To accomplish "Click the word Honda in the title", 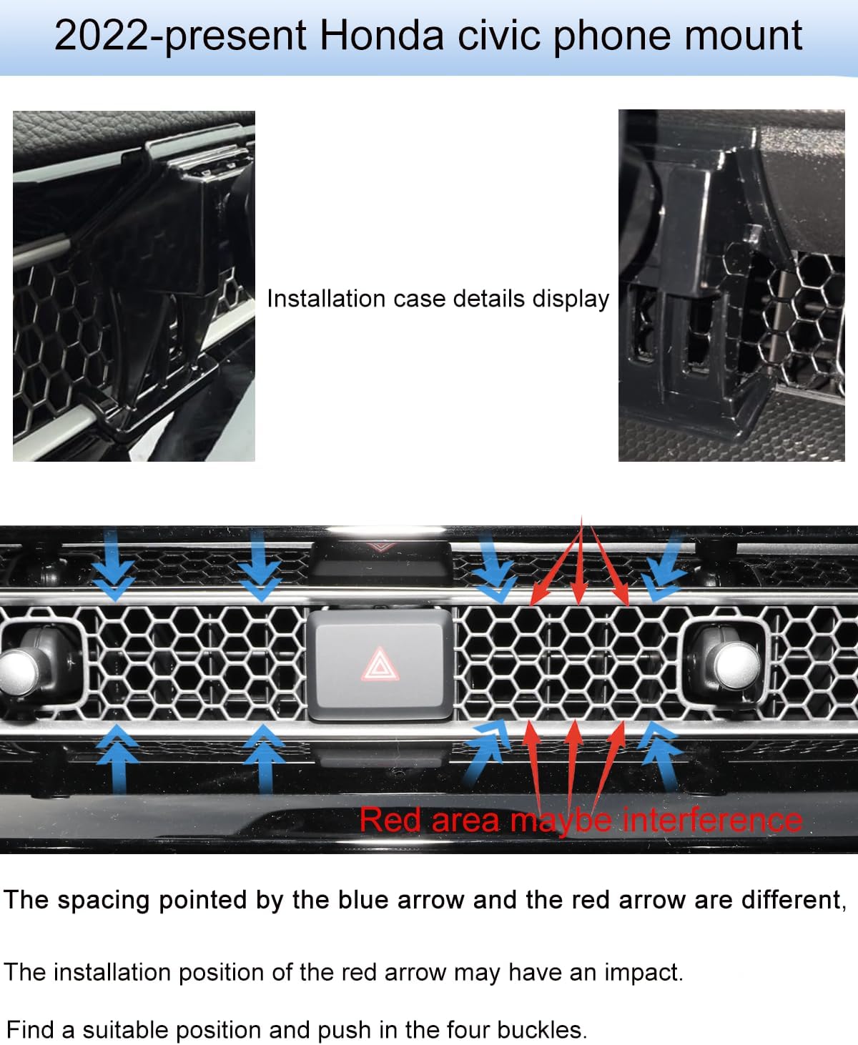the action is [x=381, y=36].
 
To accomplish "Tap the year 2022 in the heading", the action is [x=102, y=36].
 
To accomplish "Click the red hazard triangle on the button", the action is [x=380, y=663].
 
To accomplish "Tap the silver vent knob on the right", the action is [x=737, y=665].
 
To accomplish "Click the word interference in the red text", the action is [x=711, y=820].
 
